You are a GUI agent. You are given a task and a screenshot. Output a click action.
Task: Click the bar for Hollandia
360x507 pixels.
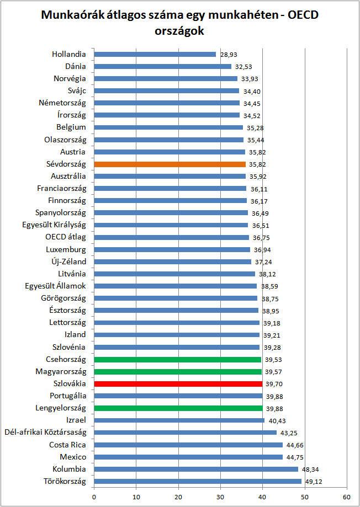(155, 54)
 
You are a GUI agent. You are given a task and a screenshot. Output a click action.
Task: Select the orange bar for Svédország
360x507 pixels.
(170, 164)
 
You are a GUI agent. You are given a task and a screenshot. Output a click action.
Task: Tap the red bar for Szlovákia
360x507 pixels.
(178, 383)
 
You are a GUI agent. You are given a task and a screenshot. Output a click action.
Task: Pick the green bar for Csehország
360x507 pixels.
(177, 359)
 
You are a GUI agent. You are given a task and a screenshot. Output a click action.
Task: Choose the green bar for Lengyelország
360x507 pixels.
(178, 408)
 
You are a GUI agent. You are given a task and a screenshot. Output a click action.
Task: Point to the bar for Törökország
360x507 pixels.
(198, 481)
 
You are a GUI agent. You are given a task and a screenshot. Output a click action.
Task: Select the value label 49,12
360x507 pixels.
(313, 482)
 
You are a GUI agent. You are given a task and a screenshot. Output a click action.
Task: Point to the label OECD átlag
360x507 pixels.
(66, 237)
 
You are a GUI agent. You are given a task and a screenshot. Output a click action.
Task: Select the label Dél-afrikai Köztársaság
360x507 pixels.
(45, 433)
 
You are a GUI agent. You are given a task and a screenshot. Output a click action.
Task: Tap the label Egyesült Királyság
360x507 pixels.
(54, 225)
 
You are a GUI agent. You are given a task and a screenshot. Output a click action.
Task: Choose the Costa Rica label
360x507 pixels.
(67, 445)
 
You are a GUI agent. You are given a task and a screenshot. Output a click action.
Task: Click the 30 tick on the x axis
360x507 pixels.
(221, 497)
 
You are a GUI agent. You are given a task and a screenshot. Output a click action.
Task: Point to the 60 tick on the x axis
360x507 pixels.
(347, 497)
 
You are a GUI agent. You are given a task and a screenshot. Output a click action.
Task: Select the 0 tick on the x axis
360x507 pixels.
(94, 497)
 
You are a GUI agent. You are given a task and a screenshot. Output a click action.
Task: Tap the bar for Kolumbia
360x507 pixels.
(196, 469)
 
